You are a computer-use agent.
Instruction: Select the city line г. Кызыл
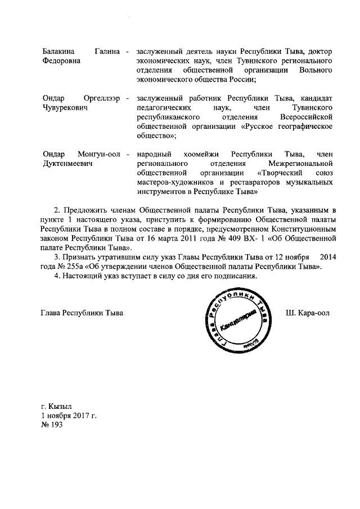point(56,407)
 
